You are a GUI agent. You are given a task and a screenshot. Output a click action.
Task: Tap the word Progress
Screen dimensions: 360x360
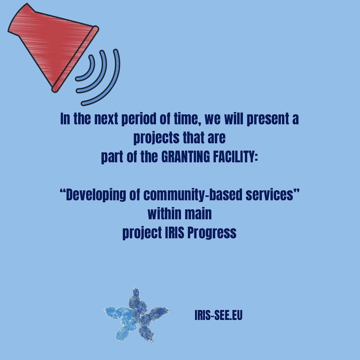[212, 233]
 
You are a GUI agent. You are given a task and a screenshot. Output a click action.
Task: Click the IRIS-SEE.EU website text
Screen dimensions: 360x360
[218, 315]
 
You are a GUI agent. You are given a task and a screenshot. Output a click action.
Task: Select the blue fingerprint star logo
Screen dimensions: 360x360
[137, 315]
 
